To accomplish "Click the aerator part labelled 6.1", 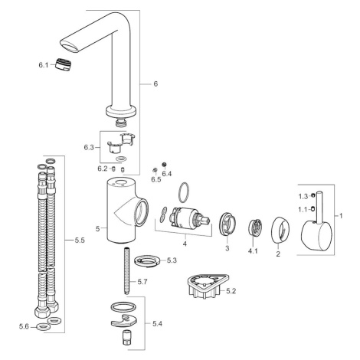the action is tap(64, 64).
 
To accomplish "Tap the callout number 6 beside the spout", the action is tap(155, 83).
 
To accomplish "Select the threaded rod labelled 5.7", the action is tap(126, 271).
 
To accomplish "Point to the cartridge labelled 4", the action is tap(190, 218).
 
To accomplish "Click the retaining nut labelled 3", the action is tap(227, 224).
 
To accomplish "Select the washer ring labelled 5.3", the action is tap(147, 261).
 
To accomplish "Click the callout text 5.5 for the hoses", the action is tap(80, 241).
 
